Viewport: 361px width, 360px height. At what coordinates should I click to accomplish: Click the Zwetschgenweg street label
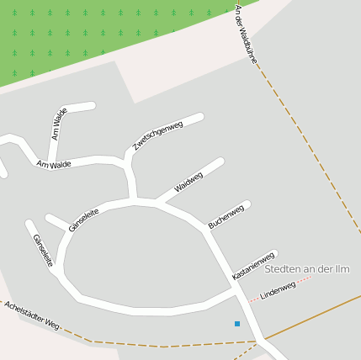pos(157,136)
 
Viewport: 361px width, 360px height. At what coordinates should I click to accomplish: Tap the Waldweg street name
pos(188,182)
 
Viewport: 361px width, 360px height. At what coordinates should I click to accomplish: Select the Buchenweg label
pos(226,216)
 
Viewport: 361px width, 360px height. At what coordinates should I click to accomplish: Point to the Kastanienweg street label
pos(253,266)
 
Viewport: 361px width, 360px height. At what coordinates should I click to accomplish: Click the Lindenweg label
pos(278,291)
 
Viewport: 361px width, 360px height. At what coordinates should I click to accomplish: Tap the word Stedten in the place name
pos(284,270)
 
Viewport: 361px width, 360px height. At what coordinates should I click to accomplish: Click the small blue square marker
pos(237,324)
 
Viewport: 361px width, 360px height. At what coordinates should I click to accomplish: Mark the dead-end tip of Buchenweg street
pos(247,204)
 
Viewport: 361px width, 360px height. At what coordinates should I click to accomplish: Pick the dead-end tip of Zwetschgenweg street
pos(200,117)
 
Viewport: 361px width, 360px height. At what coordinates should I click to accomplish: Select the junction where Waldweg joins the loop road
pos(158,203)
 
